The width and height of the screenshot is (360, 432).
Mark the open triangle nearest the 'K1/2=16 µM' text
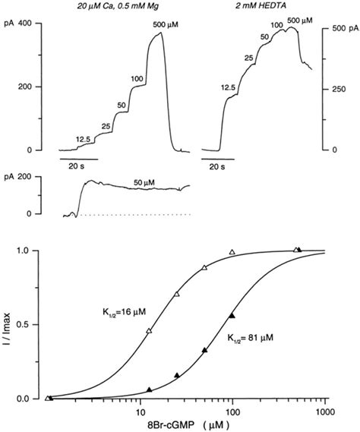149,330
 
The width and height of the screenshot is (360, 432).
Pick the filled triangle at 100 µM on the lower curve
232,315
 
